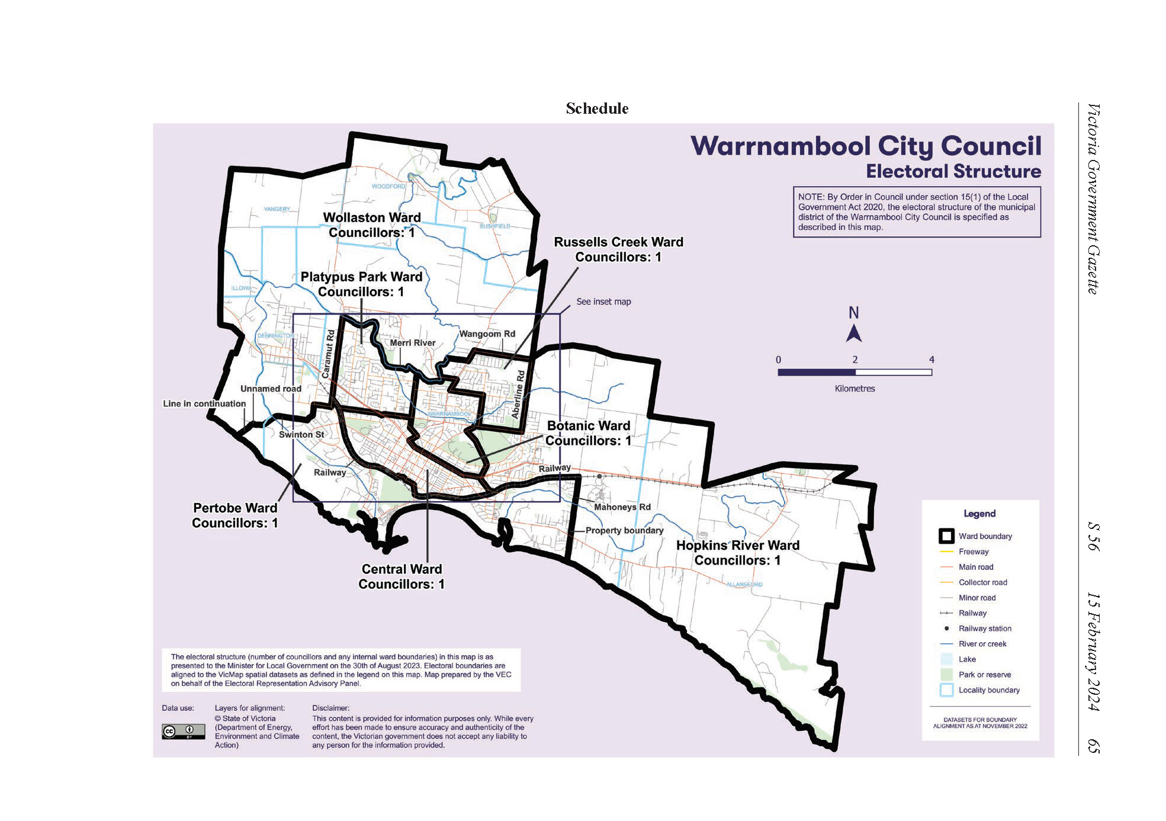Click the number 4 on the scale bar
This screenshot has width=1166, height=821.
(931, 360)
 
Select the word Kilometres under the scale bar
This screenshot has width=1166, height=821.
(854, 389)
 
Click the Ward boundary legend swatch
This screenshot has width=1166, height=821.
(946, 536)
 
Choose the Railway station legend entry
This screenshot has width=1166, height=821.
(984, 628)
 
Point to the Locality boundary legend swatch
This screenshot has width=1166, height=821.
(946, 690)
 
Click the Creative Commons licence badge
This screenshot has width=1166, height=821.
(183, 732)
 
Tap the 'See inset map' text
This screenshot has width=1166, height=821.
(603, 302)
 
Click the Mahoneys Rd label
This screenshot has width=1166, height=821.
(622, 507)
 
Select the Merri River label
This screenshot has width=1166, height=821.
(412, 343)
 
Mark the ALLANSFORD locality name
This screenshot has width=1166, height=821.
(744, 585)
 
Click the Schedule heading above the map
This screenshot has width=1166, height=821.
(596, 108)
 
